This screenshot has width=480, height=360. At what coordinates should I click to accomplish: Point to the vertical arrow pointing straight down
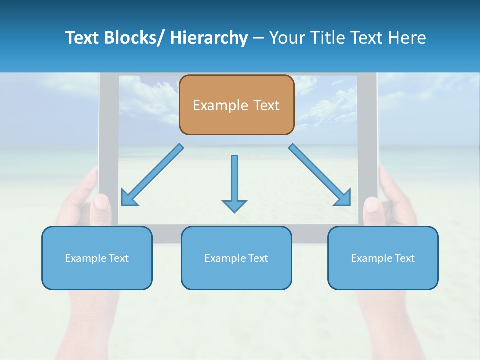234,180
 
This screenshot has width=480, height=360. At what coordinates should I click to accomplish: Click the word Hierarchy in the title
209,38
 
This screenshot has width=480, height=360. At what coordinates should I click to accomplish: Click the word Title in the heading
325,38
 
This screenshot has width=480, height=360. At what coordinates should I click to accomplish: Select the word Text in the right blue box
405,258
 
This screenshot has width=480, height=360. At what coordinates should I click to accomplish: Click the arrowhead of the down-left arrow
129,198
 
